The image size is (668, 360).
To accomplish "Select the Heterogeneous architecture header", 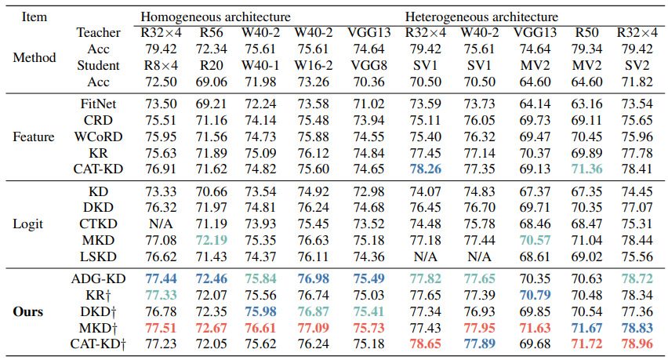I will coord(482,16).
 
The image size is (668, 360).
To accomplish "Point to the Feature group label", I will coord(34,136).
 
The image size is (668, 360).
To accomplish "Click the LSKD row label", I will coord(99,256).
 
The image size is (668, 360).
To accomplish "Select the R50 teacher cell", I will coord(583,32).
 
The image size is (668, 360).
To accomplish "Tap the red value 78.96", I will coord(637,344).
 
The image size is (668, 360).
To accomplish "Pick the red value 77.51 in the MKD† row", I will coord(160,326).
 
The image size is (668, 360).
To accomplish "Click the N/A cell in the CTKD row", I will coord(160,224).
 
